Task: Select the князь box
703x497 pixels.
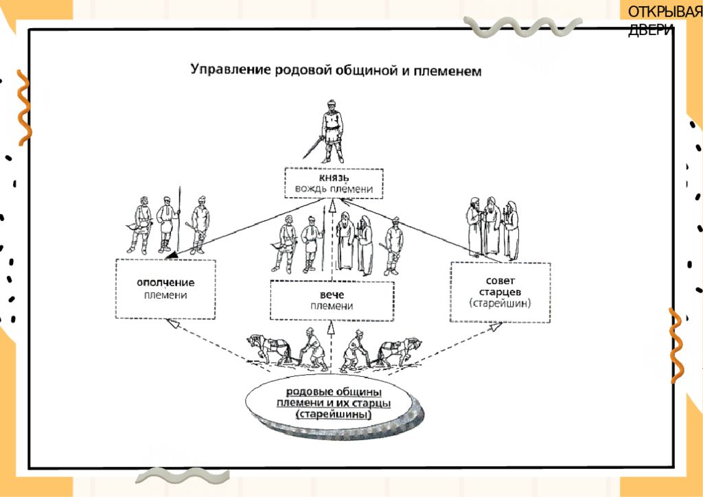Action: click(334, 183)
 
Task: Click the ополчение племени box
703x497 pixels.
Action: click(165, 289)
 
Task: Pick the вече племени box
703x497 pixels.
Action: click(332, 301)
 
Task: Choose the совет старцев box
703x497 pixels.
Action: click(500, 292)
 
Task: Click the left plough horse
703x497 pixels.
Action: click(269, 349)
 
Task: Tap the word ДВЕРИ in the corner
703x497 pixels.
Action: click(650, 30)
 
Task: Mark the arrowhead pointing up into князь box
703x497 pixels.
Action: click(332, 205)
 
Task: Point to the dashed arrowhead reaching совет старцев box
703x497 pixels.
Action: click(496, 327)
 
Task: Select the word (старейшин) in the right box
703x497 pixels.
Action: click(500, 303)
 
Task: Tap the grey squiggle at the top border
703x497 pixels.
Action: click(522, 27)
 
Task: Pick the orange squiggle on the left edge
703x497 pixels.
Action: click(24, 108)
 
